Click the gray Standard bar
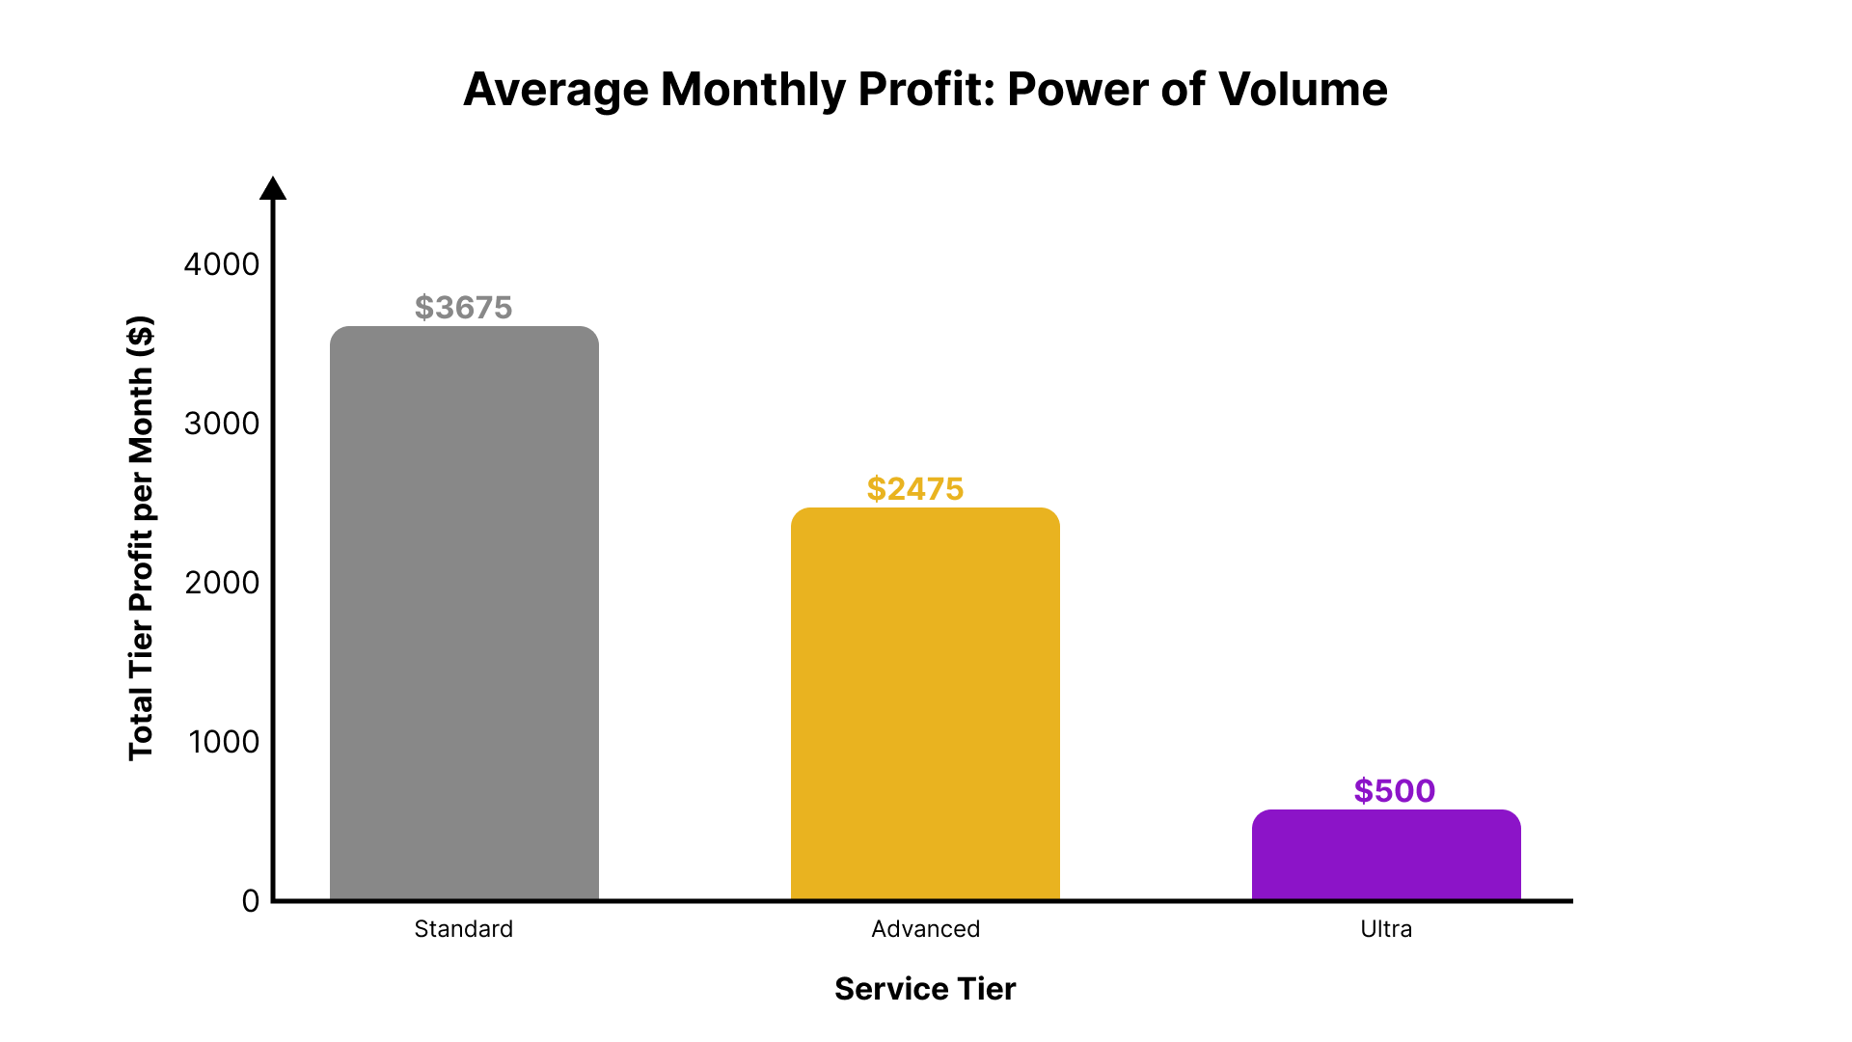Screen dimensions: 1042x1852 point(464,614)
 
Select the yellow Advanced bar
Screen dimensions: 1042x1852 point(925,704)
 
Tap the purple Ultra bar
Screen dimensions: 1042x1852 point(1386,855)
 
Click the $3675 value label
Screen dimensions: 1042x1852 point(464,308)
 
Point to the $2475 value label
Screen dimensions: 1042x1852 point(915,489)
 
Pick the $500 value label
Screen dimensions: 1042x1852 point(1395,791)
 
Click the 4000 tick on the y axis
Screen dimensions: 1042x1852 point(222,264)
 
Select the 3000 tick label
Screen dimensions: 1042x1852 point(222,424)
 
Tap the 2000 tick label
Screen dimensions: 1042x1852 point(222,583)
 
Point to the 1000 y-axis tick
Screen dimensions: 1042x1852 point(224,742)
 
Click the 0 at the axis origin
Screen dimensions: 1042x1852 point(251,901)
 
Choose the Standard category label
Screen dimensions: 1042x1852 point(464,929)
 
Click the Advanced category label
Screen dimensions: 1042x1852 point(926,929)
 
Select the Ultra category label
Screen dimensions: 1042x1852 point(1386,929)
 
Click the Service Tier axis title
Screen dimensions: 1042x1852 point(925,989)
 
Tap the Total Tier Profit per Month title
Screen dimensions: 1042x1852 point(141,537)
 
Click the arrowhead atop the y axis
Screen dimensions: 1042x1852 point(273,188)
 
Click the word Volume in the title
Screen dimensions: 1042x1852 point(1303,90)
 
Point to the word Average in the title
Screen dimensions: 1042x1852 point(557,90)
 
